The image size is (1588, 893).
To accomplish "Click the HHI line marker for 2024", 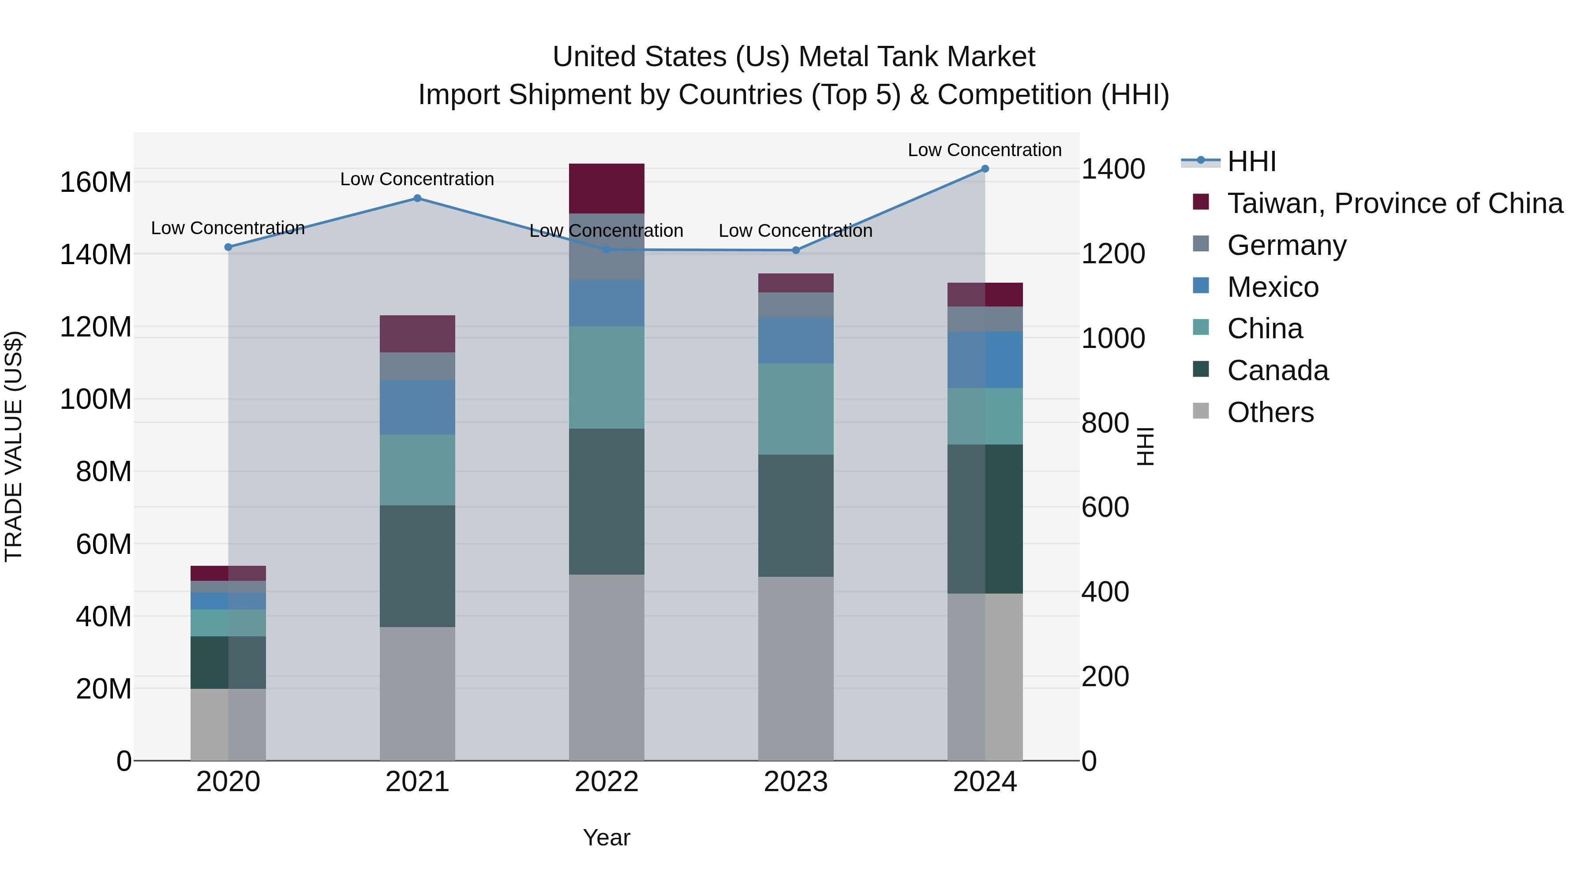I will [985, 169].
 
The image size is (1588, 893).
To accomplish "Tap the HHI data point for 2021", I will [417, 198].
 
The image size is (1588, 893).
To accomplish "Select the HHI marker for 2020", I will [228, 247].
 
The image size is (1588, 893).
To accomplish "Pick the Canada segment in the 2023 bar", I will [795, 516].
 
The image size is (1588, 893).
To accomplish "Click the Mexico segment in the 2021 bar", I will [417, 407].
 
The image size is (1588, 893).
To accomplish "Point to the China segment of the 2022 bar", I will [607, 377].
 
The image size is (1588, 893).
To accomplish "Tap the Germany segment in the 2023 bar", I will [795, 305].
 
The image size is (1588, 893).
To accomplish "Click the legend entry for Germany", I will [1287, 245].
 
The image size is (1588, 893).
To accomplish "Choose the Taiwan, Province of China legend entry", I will [1394, 203].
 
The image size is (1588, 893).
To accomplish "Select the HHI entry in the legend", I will [1251, 161].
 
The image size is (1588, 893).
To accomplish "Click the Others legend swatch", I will [1201, 411].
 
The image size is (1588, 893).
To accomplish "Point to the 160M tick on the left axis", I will [96, 183].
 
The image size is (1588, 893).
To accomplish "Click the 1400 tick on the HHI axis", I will [1113, 169].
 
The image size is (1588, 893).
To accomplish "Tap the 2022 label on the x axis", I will [607, 782].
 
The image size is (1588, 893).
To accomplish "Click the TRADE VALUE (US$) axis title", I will [14, 446].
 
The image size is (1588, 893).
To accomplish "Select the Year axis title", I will [607, 837].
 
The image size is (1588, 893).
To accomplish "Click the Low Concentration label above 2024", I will [985, 150].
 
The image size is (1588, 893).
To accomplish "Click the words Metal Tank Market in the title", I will [917, 57].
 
